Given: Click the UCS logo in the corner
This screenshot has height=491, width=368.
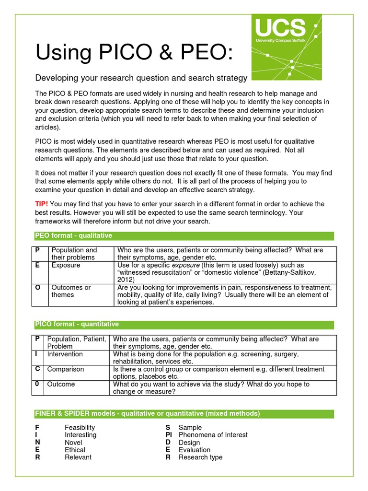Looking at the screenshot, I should coord(287,47).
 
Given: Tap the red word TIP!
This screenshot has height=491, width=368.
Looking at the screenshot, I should coord(41,204).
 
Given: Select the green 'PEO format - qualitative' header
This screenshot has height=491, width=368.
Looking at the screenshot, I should coord(184,235).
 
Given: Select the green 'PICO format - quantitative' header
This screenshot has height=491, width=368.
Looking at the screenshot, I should coord(184,324).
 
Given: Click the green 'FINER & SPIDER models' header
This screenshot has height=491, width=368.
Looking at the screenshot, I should coord(184,413).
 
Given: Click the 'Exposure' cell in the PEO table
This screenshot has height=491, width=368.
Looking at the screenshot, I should coord(66,265).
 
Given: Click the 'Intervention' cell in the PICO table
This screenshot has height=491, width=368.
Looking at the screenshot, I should coord(65,354).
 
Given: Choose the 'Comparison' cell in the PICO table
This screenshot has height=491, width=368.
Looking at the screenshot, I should coord(66,369).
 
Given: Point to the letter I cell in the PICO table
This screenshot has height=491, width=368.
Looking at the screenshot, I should coord(37,354).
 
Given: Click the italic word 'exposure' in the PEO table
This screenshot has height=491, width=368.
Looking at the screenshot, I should coord(185,265).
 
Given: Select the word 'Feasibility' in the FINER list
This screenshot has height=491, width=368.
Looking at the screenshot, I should coord(80,427).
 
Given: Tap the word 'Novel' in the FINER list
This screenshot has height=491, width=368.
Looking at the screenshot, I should coord(73,442).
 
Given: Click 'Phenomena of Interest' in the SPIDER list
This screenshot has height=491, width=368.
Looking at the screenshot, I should coord(213,435).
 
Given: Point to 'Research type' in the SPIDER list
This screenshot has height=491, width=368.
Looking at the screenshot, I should coord(200,457).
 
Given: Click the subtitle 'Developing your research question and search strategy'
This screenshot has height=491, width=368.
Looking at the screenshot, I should coord(141,78).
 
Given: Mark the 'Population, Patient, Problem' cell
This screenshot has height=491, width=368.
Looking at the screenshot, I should coord(76,342).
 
